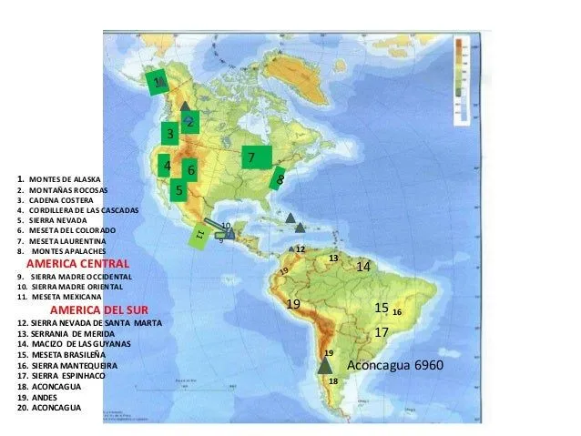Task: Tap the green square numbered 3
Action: click(169, 134)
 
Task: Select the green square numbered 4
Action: click(166, 166)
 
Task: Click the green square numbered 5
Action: click(179, 190)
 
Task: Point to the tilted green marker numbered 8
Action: click(280, 179)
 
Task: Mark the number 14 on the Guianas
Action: click(363, 267)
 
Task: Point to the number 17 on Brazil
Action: click(382, 333)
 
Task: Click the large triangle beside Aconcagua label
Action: click(325, 365)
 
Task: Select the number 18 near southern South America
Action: click(332, 380)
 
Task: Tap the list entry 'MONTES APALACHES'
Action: click(68, 250)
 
